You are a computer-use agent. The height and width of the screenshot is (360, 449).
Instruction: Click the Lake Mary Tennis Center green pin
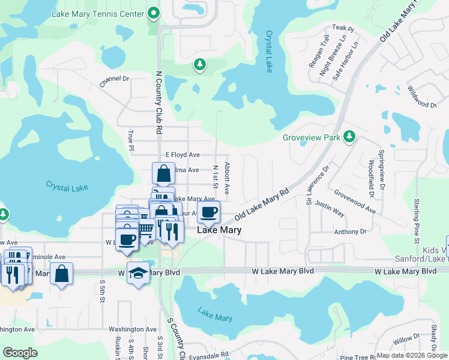pos(154,13)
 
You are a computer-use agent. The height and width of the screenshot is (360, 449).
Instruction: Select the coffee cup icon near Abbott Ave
pos(208,212)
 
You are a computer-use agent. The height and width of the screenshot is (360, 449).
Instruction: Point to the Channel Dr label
pos(114,79)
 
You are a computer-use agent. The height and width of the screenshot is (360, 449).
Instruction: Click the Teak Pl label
pos(340,28)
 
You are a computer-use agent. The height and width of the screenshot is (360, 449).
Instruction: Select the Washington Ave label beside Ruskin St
pos(133,329)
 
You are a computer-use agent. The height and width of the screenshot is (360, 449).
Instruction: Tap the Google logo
pos(20,353)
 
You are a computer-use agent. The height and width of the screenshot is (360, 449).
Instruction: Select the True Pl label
pos(130,139)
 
